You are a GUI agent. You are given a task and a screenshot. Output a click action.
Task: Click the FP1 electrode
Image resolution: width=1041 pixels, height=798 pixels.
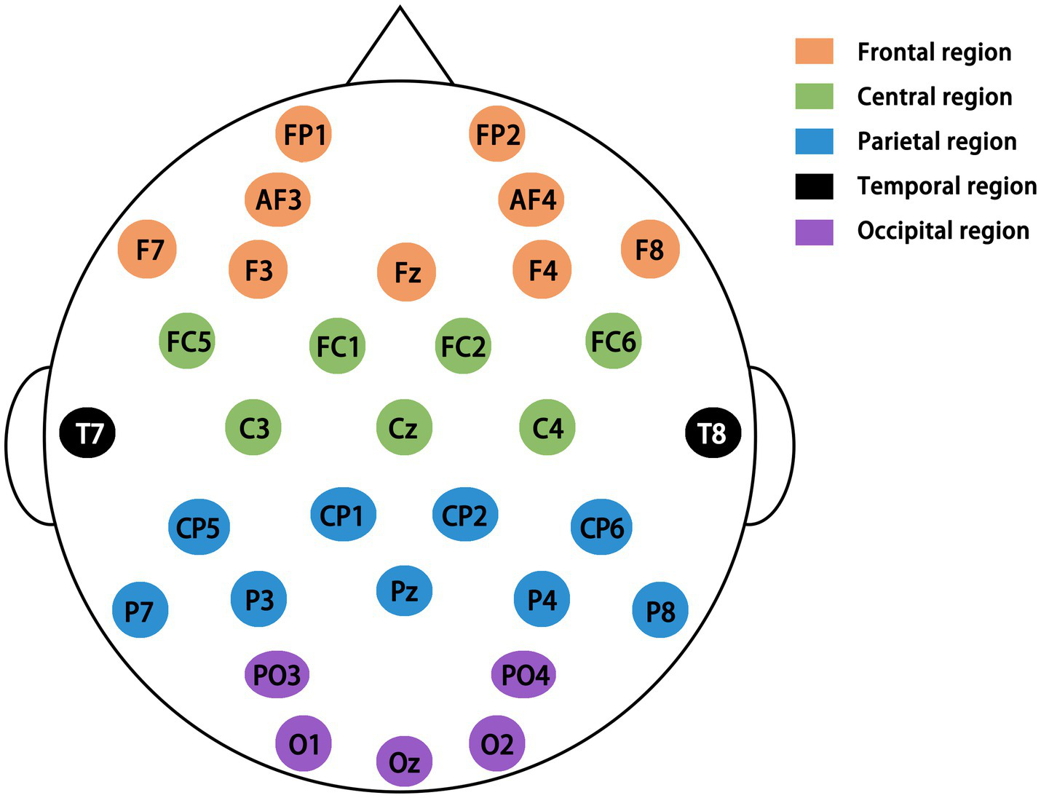(x=304, y=134)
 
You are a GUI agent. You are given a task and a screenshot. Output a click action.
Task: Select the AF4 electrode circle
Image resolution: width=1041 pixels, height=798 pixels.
(x=531, y=199)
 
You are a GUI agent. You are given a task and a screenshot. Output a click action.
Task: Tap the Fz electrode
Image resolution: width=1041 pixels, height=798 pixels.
(x=406, y=272)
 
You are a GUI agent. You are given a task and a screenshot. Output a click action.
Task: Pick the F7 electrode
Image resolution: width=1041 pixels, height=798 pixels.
(x=148, y=250)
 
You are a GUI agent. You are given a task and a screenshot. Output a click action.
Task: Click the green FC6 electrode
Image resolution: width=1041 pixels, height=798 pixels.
(x=613, y=341)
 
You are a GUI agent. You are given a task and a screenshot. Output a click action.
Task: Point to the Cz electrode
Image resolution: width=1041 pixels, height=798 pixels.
(x=404, y=427)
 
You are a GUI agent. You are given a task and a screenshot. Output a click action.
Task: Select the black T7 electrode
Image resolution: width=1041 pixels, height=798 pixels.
(x=88, y=433)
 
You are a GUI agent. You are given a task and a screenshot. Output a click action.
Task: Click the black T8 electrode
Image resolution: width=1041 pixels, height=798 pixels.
(x=713, y=433)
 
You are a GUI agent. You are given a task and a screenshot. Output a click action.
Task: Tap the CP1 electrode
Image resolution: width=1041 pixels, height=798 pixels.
(x=343, y=515)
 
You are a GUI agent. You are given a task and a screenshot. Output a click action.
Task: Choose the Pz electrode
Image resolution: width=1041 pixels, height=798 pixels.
(x=404, y=590)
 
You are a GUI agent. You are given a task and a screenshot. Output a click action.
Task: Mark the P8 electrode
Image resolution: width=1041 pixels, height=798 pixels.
(x=660, y=610)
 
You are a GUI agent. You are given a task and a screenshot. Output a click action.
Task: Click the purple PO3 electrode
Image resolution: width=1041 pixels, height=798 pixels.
(x=277, y=674)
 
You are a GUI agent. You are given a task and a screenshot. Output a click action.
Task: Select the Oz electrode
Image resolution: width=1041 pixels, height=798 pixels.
(x=404, y=762)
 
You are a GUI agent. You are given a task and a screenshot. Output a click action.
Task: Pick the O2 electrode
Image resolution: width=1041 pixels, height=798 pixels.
(x=497, y=743)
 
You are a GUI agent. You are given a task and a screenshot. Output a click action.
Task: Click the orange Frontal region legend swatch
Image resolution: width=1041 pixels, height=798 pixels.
(x=814, y=52)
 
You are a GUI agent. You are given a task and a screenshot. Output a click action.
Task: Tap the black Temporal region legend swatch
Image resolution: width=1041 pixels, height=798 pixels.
(x=814, y=186)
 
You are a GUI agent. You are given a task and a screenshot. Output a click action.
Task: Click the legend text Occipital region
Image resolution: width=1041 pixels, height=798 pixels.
(x=943, y=231)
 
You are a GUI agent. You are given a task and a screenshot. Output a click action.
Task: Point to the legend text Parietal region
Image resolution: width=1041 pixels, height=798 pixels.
(x=936, y=141)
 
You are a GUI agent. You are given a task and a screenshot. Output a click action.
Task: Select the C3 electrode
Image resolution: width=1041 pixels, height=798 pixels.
(x=253, y=427)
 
